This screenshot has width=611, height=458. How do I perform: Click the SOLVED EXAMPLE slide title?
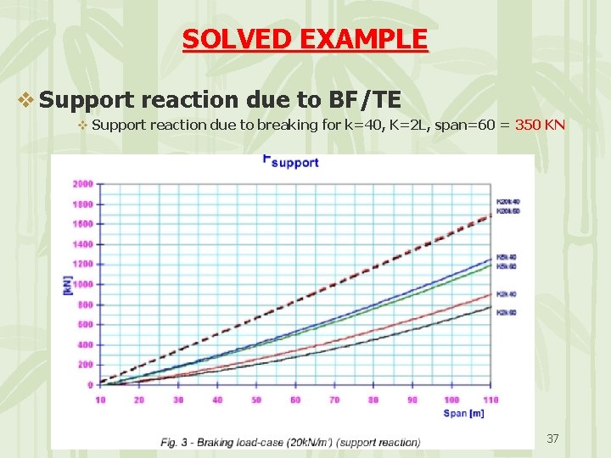pyautogui.click(x=305, y=39)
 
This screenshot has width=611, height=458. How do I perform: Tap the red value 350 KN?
pyautogui.click(x=541, y=126)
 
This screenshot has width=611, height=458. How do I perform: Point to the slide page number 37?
pyautogui.click(x=552, y=438)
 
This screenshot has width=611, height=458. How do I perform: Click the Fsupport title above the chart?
pyautogui.click(x=290, y=161)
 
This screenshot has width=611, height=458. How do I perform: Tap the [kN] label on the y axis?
pyautogui.click(x=68, y=284)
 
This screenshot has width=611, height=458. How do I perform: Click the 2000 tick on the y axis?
pyautogui.click(x=83, y=183)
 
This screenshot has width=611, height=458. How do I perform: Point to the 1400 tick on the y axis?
pyautogui.click(x=83, y=243)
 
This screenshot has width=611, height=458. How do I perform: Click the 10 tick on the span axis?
pyautogui.click(x=100, y=399)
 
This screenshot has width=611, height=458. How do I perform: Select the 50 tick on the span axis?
pyautogui.click(x=255, y=399)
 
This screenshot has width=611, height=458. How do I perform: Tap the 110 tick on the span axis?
pyautogui.click(x=490, y=399)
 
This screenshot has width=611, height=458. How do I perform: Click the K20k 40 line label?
pyautogui.click(x=507, y=201)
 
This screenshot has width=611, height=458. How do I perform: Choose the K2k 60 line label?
pyautogui.click(x=507, y=312)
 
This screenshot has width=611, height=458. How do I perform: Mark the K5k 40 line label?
pyautogui.click(x=507, y=257)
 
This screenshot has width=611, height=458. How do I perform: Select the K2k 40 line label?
pyautogui.click(x=507, y=293)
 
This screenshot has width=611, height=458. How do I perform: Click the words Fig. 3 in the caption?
pyautogui.click(x=174, y=442)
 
